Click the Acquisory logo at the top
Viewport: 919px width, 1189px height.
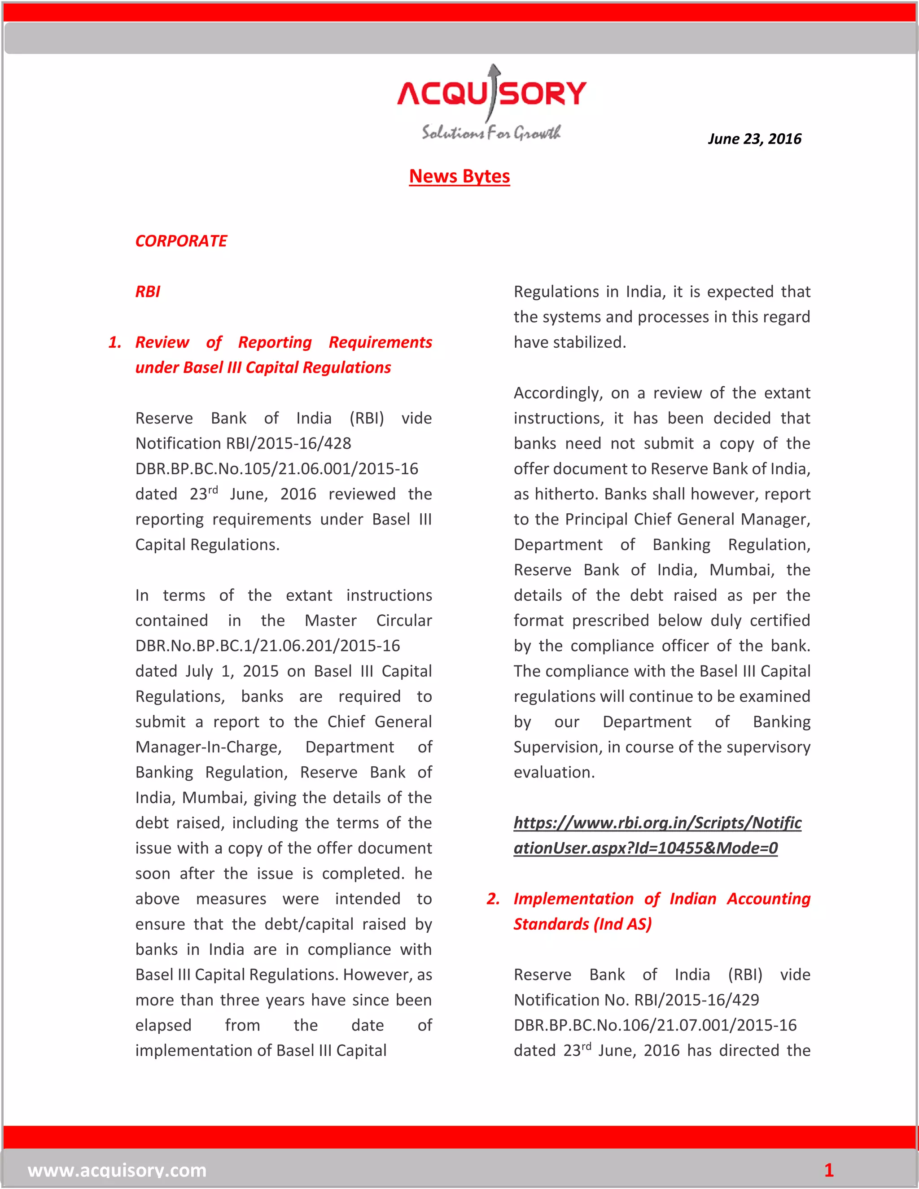[x=492, y=94]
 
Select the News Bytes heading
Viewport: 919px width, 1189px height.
[x=459, y=176]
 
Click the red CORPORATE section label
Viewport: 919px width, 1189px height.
[x=181, y=241]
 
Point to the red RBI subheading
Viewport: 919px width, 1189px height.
[x=148, y=292]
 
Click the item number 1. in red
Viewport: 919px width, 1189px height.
[x=115, y=342]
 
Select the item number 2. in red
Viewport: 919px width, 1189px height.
[x=493, y=899]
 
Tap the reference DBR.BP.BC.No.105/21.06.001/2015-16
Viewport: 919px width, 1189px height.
[x=276, y=469]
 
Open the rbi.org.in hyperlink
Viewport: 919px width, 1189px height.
[x=657, y=836]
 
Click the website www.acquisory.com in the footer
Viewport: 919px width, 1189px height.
[x=117, y=1170]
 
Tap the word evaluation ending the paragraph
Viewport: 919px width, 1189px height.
[x=554, y=773]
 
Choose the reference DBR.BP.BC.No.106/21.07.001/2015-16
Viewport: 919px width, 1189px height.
[x=655, y=1026]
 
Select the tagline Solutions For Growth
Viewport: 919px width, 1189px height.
[x=490, y=133]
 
